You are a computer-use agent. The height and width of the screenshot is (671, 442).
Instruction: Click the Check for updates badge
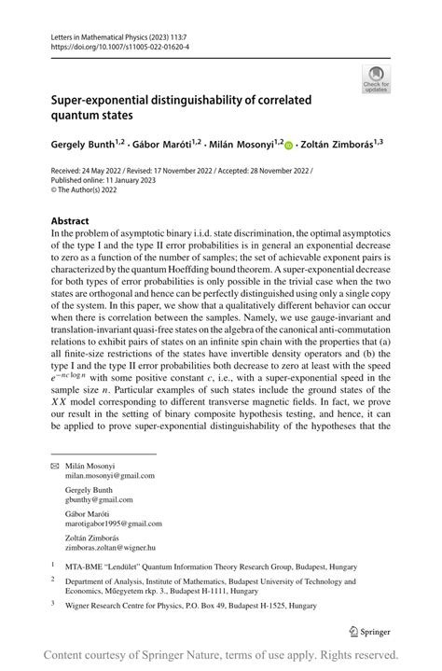click(377, 78)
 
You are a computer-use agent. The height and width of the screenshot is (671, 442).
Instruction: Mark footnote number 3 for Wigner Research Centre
click(53, 604)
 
